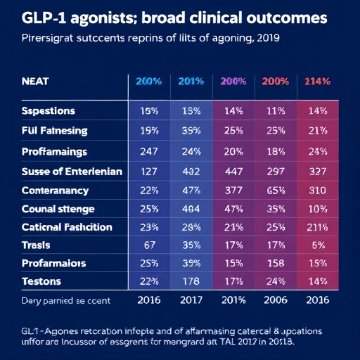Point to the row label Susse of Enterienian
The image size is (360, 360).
pos(72,171)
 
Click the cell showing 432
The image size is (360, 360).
pos(191,171)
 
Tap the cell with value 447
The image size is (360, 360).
pos(233,171)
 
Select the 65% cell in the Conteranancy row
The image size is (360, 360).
pos(275,190)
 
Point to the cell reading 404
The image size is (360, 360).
pos(191,209)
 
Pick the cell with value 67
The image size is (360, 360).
pos(148,245)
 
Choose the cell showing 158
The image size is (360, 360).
pos(275,263)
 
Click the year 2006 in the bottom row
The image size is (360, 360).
pos(275,300)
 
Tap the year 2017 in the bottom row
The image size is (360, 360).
pos(191,300)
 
